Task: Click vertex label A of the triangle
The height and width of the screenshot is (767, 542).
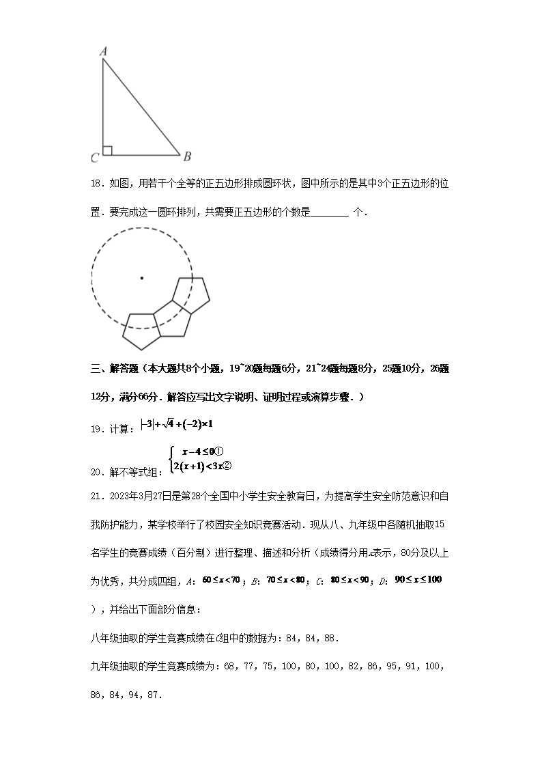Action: (x=103, y=51)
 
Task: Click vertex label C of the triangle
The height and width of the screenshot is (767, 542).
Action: (x=95, y=158)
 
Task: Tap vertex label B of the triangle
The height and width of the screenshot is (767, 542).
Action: (x=187, y=156)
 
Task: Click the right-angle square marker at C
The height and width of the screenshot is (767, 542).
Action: (x=107, y=150)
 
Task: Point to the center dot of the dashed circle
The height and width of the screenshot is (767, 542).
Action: (x=142, y=277)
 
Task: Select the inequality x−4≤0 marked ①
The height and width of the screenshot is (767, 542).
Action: (x=203, y=451)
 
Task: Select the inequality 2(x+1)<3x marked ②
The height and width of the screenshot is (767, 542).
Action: (x=203, y=466)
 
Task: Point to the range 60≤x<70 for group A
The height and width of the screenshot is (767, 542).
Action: (x=220, y=580)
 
